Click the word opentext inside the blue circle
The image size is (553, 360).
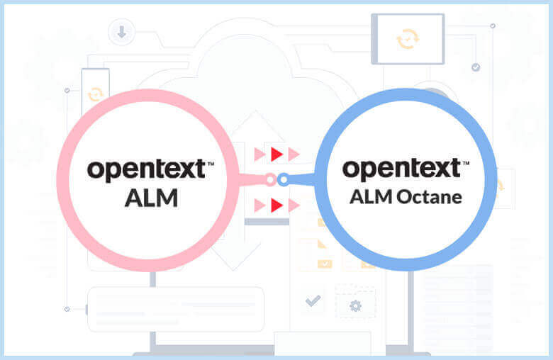(401, 170)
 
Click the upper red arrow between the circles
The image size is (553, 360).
(277, 154)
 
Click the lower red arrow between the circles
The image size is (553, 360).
(277, 206)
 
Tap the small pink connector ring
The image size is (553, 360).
(269, 179)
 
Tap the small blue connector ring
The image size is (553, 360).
(283, 179)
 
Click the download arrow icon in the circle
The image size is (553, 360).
(121, 31)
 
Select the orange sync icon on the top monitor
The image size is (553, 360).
(407, 38)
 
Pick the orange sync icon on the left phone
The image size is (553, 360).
(94, 94)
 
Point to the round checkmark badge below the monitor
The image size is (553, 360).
(476, 67)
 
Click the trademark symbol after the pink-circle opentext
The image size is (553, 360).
(210, 164)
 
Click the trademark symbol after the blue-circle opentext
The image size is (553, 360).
(466, 164)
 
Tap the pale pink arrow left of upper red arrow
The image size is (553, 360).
(259, 154)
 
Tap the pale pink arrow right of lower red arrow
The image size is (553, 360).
(294, 206)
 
